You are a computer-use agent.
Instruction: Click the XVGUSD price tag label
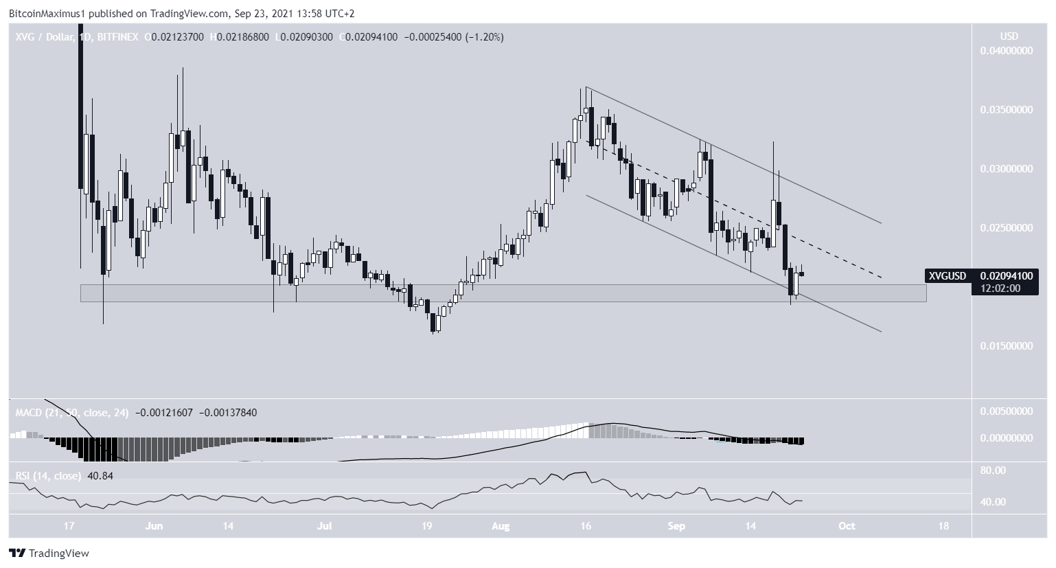(x=948, y=276)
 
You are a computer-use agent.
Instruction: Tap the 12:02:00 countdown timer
(x=996, y=288)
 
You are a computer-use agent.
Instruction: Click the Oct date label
(x=847, y=526)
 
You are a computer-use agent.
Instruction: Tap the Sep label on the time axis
(x=677, y=526)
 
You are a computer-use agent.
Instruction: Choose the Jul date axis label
(x=325, y=526)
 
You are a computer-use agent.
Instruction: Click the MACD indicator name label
(x=27, y=412)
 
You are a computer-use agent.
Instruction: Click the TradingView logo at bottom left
(x=49, y=553)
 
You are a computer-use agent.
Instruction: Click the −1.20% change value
(x=485, y=37)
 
